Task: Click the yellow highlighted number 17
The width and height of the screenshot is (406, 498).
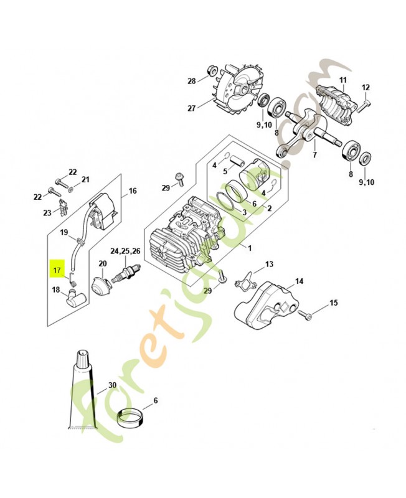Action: point(57,271)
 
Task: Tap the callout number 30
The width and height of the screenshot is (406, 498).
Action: point(112,384)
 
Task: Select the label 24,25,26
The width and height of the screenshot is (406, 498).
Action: point(125,251)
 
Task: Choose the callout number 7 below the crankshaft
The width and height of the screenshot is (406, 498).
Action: point(315,154)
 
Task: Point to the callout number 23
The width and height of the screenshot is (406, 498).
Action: point(47,213)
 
